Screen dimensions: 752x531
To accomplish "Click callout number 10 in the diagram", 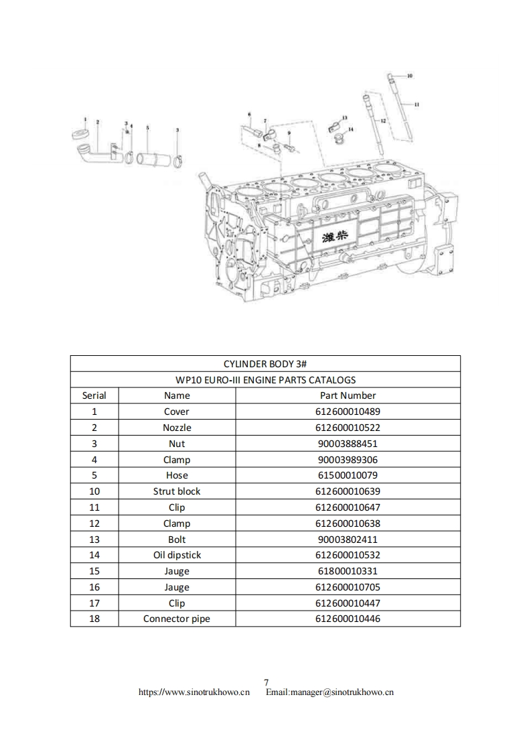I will (410, 76).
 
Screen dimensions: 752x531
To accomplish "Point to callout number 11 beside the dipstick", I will (416, 105).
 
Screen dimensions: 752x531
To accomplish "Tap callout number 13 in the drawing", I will (344, 118).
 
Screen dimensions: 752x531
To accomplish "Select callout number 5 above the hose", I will (147, 127).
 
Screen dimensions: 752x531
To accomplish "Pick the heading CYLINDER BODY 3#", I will (265, 363).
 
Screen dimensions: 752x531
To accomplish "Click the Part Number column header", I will (348, 395).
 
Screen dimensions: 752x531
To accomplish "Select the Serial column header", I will (94, 395).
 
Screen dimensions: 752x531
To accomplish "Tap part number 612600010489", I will (348, 412).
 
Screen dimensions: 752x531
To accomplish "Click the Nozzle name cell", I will (177, 428).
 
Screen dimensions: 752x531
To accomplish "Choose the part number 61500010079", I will (348, 475).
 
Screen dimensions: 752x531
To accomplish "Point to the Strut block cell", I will (177, 491).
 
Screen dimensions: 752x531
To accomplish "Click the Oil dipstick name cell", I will (177, 555).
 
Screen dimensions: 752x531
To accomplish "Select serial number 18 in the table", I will (94, 619).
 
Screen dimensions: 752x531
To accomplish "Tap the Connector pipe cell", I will (177, 619).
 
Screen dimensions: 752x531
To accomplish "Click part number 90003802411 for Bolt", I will (348, 540).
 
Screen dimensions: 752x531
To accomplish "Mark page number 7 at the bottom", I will (266, 682).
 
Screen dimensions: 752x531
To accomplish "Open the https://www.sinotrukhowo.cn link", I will (194, 692).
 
